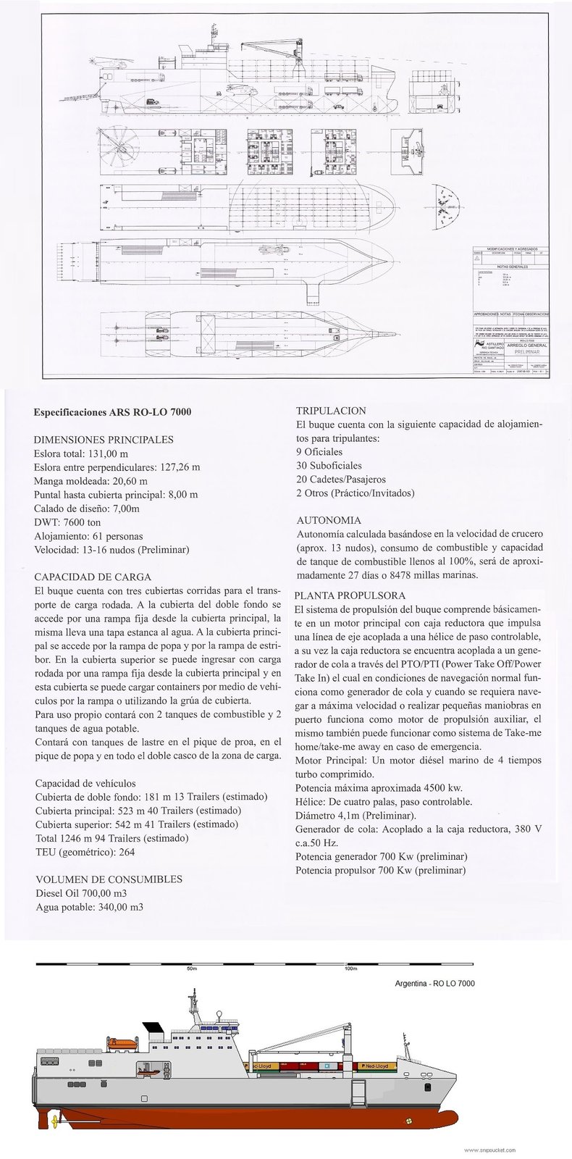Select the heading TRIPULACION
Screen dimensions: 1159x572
331,411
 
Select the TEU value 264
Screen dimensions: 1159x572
127,852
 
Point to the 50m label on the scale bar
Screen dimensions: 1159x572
191,968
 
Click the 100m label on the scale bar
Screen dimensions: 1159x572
353,968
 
